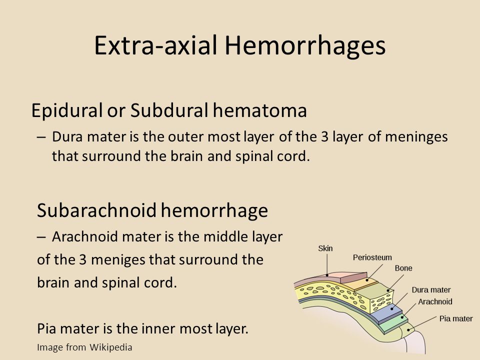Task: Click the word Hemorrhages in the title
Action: click(x=305, y=45)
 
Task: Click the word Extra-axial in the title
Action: click(x=156, y=45)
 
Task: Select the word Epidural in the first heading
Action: click(x=66, y=110)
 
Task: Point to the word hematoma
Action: click(x=260, y=110)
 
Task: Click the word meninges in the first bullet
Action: click(x=416, y=137)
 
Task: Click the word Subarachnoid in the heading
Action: click(x=96, y=210)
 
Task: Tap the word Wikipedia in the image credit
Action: click(x=111, y=347)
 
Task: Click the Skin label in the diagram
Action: click(x=325, y=248)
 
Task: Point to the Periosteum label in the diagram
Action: click(x=372, y=257)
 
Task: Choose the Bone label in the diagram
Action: click(x=403, y=268)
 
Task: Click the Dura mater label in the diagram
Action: click(x=431, y=290)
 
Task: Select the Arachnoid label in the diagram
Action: click(x=435, y=301)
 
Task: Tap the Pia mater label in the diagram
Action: click(x=456, y=318)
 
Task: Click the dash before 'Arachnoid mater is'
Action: click(x=41, y=236)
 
